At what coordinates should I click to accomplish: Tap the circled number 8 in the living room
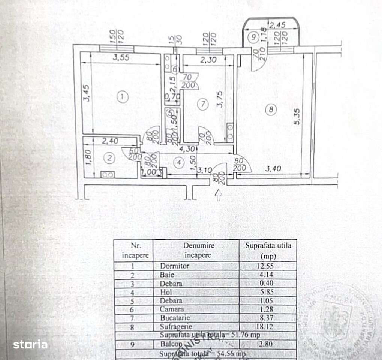click(271, 109)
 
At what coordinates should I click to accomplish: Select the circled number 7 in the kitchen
click(203, 105)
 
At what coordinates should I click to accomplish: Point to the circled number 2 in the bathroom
click(109, 158)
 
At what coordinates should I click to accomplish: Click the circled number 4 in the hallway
click(179, 162)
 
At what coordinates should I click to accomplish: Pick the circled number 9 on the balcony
click(253, 37)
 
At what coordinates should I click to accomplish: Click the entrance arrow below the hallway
click(219, 194)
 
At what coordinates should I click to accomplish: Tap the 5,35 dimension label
click(297, 118)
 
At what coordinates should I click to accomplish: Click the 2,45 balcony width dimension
click(278, 25)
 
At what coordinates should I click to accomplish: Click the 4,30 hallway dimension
click(187, 148)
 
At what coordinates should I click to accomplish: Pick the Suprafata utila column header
click(268, 250)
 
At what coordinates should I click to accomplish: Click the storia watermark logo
click(30, 344)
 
